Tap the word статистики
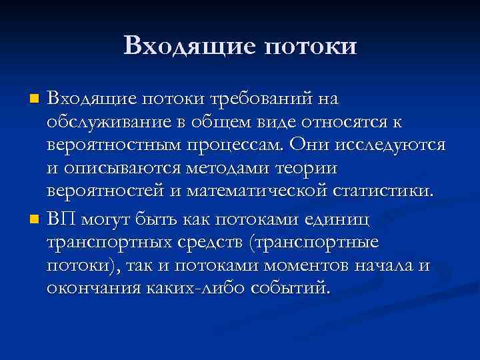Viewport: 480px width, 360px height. point(379,195)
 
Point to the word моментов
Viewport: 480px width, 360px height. point(303,267)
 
